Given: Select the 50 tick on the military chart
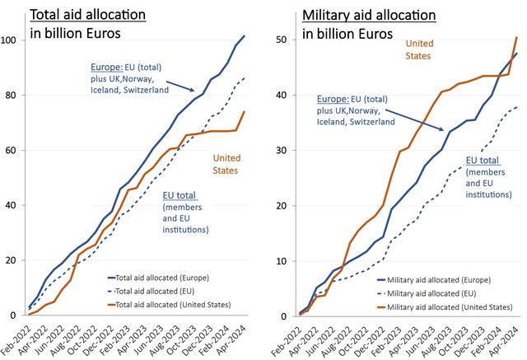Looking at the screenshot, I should (283, 40).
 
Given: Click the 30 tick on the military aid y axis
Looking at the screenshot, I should (283, 151).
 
